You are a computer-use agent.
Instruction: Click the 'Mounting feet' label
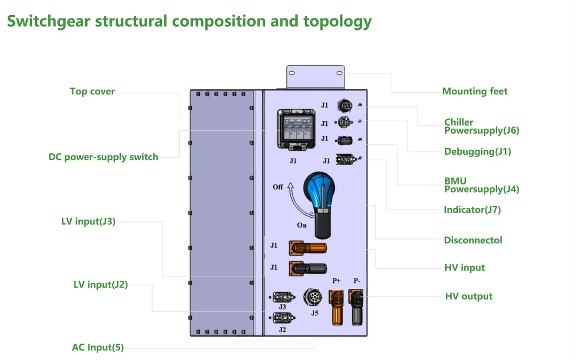tap(475, 91)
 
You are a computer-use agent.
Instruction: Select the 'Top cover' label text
tap(92, 91)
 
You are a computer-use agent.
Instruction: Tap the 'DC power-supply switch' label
tap(103, 157)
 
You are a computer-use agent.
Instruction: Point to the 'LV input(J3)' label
tap(88, 221)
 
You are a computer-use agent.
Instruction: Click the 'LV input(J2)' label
tap(100, 284)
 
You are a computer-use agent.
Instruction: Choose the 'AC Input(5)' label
tap(98, 348)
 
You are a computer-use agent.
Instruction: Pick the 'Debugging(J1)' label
tap(477, 151)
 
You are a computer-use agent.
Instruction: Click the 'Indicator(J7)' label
tap(472, 210)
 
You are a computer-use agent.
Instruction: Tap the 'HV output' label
tap(469, 296)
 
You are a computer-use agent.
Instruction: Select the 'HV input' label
tap(464, 268)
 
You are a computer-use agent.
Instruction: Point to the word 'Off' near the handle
tap(278, 187)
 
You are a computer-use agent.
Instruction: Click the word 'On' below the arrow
tap(302, 225)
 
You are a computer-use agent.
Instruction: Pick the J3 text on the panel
tap(282, 307)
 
